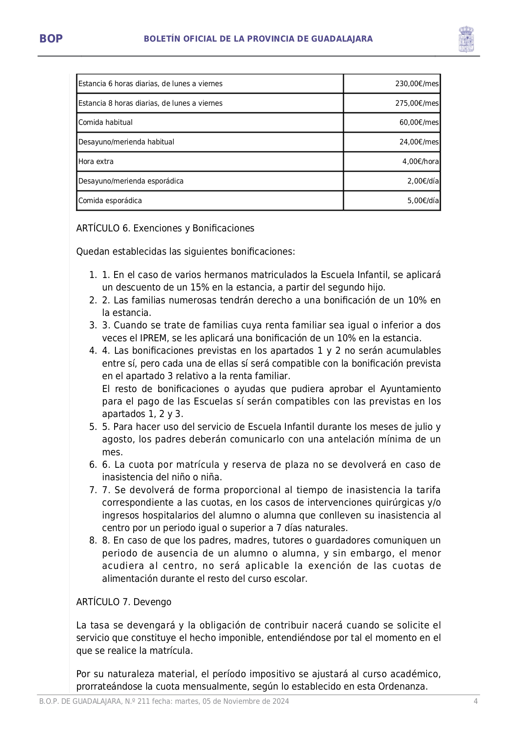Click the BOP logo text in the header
51,39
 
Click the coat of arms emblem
466,39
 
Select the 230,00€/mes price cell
417,84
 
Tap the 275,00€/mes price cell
417,103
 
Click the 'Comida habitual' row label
105,122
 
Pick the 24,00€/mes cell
419,142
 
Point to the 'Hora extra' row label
96,161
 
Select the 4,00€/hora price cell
420,161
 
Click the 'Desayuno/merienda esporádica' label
131,181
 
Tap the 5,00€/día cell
423,201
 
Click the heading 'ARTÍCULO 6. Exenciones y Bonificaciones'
165,228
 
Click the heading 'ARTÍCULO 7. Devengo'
124,602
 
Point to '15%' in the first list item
200,288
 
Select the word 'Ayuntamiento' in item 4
410,389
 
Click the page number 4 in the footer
475,701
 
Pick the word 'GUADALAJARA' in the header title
342,39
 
